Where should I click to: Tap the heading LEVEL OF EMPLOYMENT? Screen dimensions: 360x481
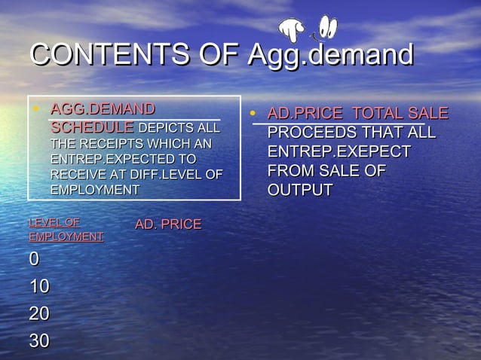pos(66,230)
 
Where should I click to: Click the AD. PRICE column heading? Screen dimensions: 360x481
pos(168,224)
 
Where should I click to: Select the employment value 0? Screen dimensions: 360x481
pos(34,260)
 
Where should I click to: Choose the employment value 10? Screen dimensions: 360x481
pos(39,287)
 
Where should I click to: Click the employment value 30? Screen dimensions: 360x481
pos(39,341)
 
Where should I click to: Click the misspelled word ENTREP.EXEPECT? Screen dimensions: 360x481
pos(339,152)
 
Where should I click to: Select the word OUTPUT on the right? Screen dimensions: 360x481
pos(300,190)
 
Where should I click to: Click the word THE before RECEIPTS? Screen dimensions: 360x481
pos(63,143)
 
